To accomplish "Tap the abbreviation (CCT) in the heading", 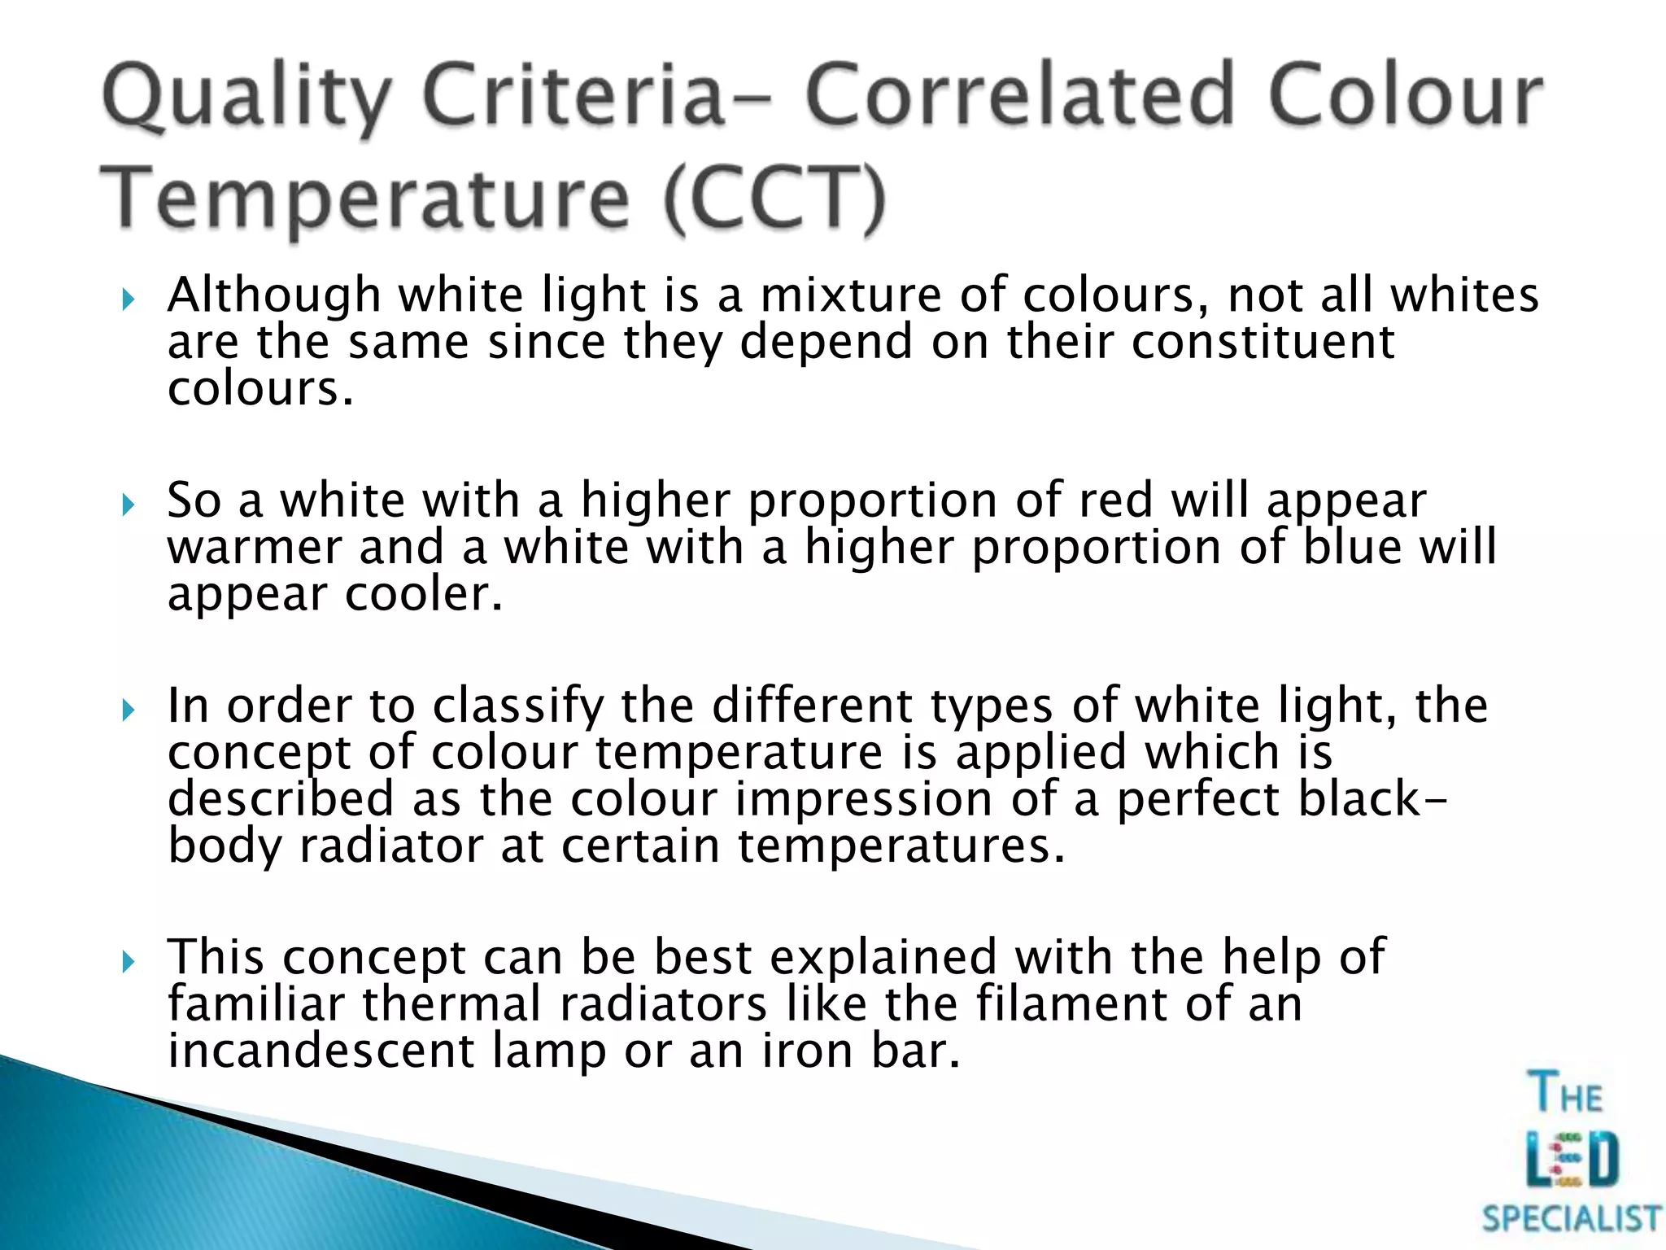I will (x=774, y=199).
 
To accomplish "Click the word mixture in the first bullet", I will (x=850, y=295).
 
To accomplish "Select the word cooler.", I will (x=424, y=594).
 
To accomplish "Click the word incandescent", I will (x=321, y=1051).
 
